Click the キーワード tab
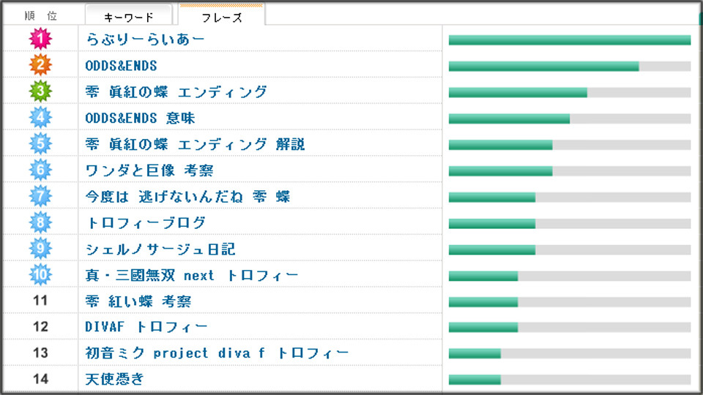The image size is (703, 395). click(x=129, y=17)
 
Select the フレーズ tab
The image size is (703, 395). click(x=222, y=17)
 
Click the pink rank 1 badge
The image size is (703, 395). click(x=41, y=39)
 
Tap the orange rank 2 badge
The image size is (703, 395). click(x=41, y=66)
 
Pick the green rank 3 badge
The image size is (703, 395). click(x=41, y=92)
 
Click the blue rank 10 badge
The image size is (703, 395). click(x=41, y=275)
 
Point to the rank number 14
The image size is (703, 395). click(x=41, y=379)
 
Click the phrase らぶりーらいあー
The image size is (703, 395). click(x=145, y=39)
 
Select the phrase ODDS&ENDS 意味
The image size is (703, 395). click(x=140, y=118)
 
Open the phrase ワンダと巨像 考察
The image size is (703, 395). click(x=149, y=170)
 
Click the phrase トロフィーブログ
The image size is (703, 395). click(x=145, y=223)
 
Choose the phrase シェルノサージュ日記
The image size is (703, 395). click(x=160, y=249)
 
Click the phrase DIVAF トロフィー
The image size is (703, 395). click(x=146, y=327)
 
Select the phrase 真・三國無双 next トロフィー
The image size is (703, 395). click(x=192, y=275)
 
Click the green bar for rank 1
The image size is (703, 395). click(x=569, y=40)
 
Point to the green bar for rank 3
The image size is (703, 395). click(x=518, y=92)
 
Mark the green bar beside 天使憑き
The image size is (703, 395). click(x=475, y=379)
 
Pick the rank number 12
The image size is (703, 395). click(x=41, y=327)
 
